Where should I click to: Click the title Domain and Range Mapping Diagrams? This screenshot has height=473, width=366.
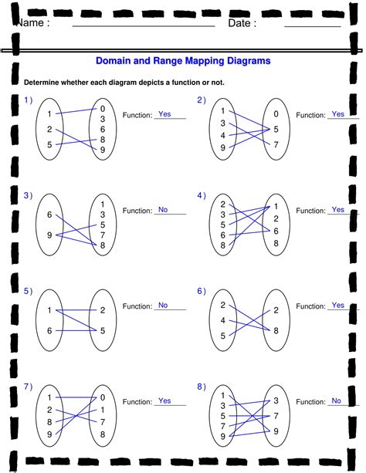183,60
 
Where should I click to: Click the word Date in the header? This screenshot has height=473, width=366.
242,23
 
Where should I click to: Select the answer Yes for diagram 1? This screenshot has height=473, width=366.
164,114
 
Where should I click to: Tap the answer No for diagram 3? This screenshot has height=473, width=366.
163,209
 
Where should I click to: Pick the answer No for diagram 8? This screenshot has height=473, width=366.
336,400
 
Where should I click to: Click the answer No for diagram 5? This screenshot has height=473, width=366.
163,305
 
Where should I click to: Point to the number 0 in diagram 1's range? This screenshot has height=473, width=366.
103,109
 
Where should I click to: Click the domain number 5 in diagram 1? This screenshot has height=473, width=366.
49,144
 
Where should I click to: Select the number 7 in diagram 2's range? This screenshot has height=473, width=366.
276,144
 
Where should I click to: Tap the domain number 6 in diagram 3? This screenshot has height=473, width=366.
49,215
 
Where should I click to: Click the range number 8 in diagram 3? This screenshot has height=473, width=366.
103,245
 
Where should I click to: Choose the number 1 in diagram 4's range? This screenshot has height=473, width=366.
276,208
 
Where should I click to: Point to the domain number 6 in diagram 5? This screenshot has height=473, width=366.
49,330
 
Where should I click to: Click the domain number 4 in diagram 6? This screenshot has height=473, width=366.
222,320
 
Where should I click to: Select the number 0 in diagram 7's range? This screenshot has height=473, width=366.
103,397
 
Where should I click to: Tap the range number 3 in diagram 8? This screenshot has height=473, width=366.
276,400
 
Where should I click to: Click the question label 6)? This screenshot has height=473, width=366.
201,291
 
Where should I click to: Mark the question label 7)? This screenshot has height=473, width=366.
28,386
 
